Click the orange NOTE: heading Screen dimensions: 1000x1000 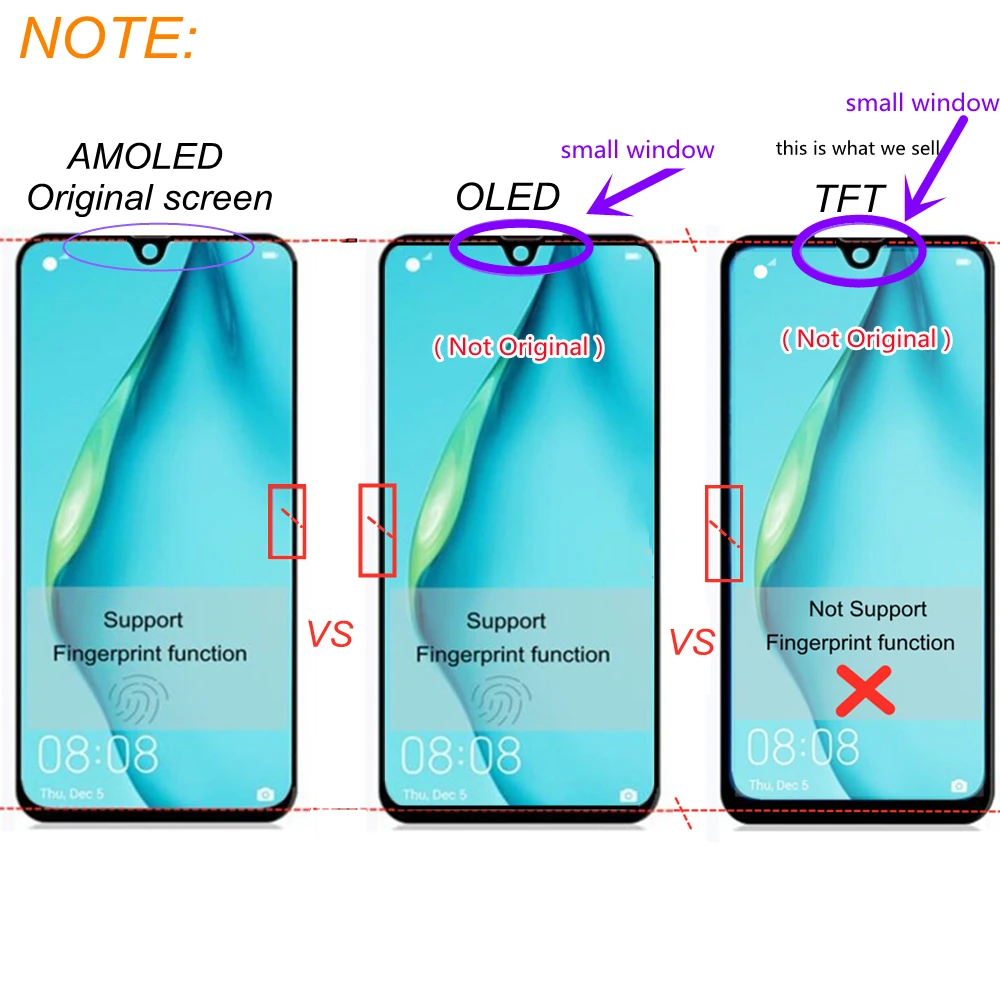point(109,39)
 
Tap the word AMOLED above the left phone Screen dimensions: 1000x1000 point(145,157)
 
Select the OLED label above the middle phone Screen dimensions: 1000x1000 point(507,197)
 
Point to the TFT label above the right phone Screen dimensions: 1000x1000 point(850,199)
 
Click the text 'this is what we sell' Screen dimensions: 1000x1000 point(857,149)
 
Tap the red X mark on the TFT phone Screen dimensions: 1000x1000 point(864,692)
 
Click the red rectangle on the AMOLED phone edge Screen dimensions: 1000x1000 point(286,520)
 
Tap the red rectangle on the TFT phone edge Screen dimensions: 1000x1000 point(724,532)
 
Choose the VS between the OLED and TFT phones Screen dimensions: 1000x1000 point(692,642)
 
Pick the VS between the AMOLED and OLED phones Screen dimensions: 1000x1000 point(330,634)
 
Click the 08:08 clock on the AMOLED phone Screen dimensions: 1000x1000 point(98,755)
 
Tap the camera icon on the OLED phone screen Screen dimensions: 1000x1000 point(628,795)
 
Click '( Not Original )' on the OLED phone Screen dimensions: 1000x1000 point(518,347)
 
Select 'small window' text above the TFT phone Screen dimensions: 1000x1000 point(922,102)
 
